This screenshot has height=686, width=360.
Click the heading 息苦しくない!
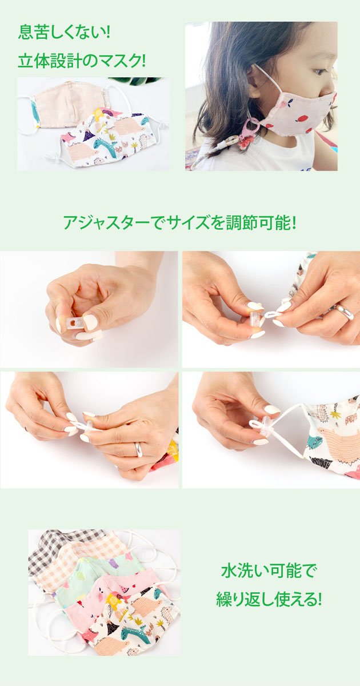pos(63,32)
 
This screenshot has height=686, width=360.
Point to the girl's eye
pos(320,71)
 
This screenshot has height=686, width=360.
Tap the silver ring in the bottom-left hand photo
pos(139,449)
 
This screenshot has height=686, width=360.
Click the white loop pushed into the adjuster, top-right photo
pos(274,315)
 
